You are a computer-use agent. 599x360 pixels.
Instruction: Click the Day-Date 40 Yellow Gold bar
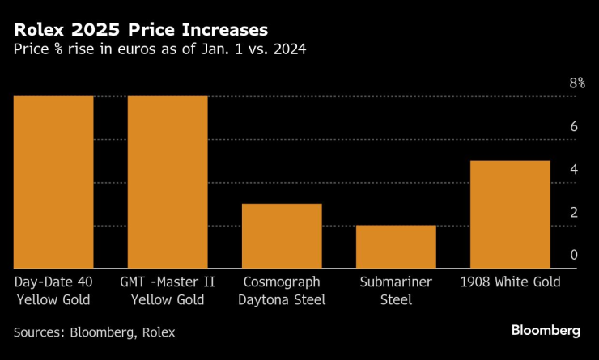[53, 182]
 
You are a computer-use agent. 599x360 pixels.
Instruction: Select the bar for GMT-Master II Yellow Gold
[168, 182]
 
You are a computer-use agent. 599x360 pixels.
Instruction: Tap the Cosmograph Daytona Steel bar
[282, 235]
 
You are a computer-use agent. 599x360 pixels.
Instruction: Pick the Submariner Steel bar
[396, 247]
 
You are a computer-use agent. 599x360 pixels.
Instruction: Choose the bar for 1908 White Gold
[510, 214]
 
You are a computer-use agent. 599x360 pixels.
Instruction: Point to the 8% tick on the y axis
[576, 83]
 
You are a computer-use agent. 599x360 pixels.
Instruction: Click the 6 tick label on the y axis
[573, 126]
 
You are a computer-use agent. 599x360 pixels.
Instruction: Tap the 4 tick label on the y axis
[573, 169]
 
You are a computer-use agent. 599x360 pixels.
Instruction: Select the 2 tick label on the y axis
[573, 212]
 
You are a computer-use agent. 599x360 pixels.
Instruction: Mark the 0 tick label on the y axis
[573, 255]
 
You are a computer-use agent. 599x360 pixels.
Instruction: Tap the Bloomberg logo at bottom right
[546, 330]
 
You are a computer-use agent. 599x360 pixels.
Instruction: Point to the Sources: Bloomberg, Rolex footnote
[94, 332]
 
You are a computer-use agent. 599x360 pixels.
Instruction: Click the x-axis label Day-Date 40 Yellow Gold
[53, 290]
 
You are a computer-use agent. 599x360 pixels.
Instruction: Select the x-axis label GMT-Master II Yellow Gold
[168, 290]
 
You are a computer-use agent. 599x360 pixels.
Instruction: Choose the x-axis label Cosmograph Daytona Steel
[282, 290]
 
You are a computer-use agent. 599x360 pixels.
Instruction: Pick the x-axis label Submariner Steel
[396, 290]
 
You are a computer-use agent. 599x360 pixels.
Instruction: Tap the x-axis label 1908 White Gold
[510, 282]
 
